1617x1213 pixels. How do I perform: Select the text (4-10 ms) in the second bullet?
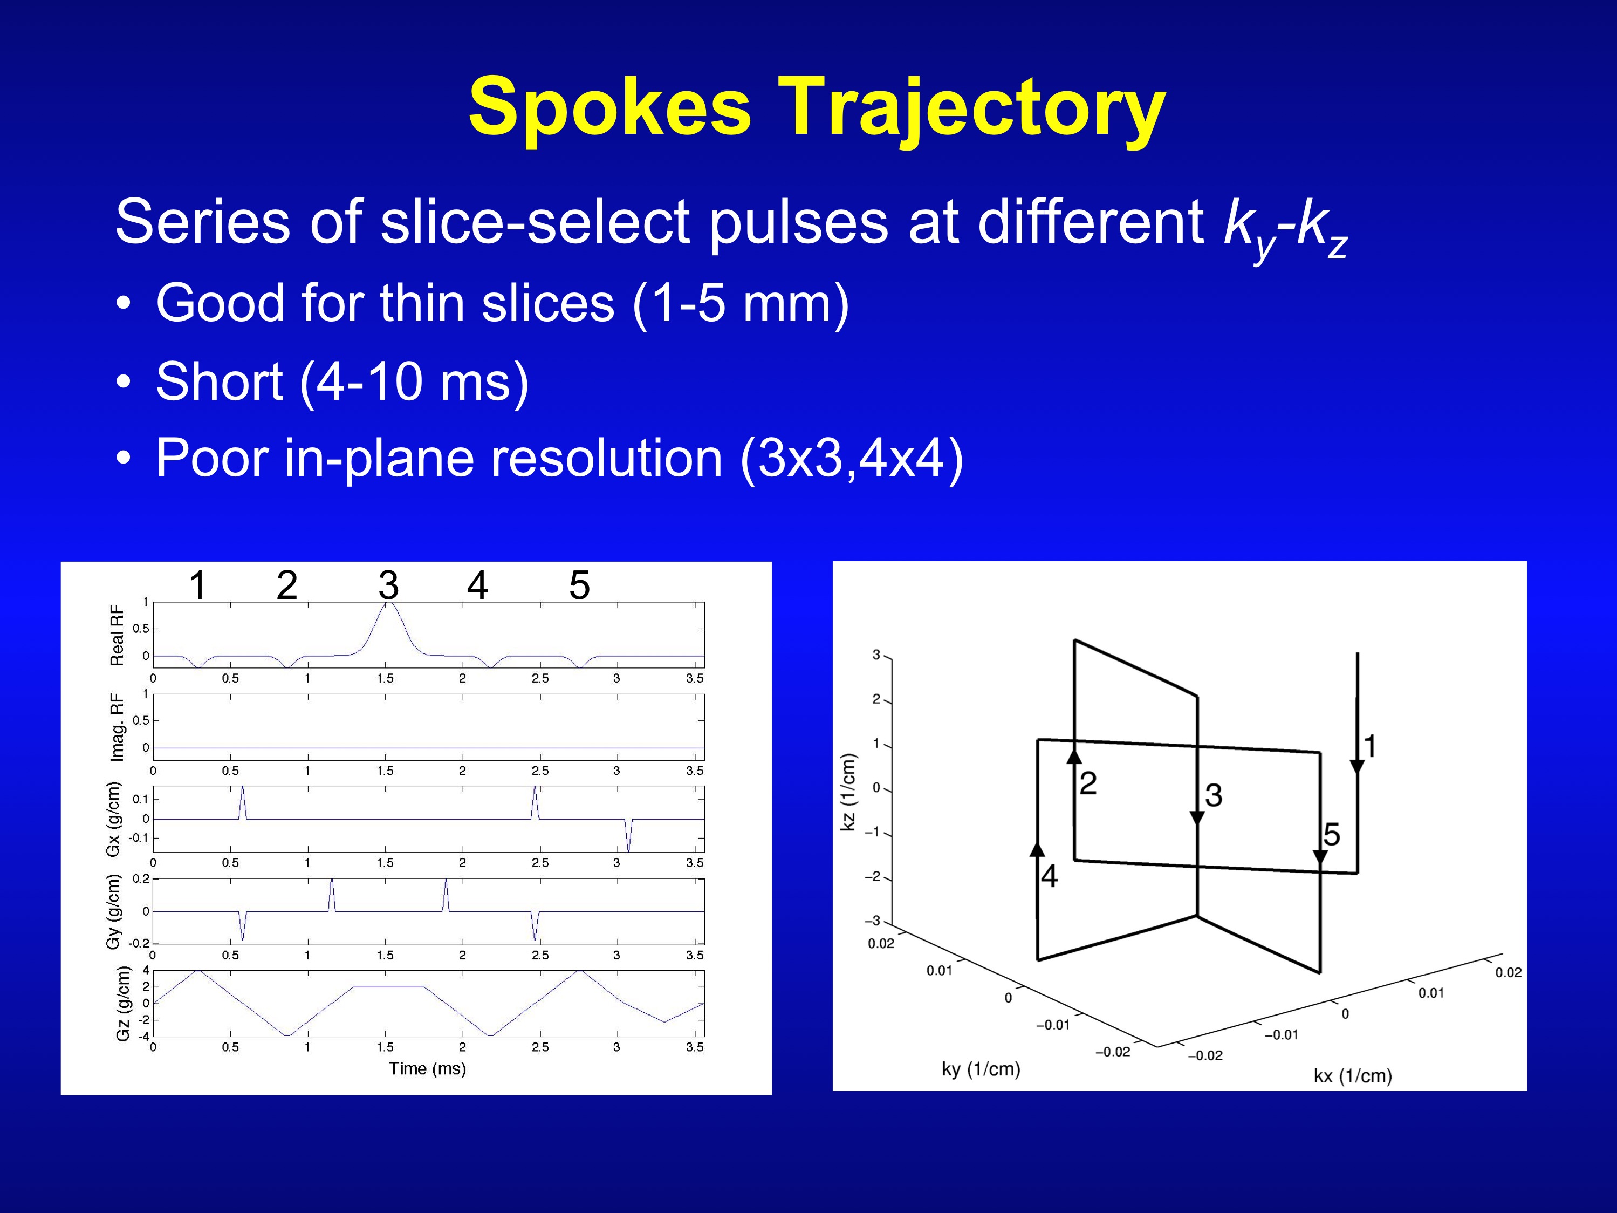pos(414,381)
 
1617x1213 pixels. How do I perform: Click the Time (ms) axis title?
pos(428,1068)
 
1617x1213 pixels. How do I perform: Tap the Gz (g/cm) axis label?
pos(123,1004)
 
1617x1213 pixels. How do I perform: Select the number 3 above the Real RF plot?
pos(389,585)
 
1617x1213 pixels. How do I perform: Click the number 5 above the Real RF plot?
pos(580,585)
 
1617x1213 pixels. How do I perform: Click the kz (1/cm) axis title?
pos(848,792)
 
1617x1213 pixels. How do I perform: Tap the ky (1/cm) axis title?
pos(981,1069)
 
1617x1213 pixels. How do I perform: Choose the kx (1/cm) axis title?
pos(1353,1075)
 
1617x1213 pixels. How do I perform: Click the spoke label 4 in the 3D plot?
pos(1050,876)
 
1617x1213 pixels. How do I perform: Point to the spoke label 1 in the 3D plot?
pos(1370,746)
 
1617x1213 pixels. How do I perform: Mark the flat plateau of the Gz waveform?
pos(389,987)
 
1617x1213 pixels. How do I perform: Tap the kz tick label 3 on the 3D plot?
pos(876,655)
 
